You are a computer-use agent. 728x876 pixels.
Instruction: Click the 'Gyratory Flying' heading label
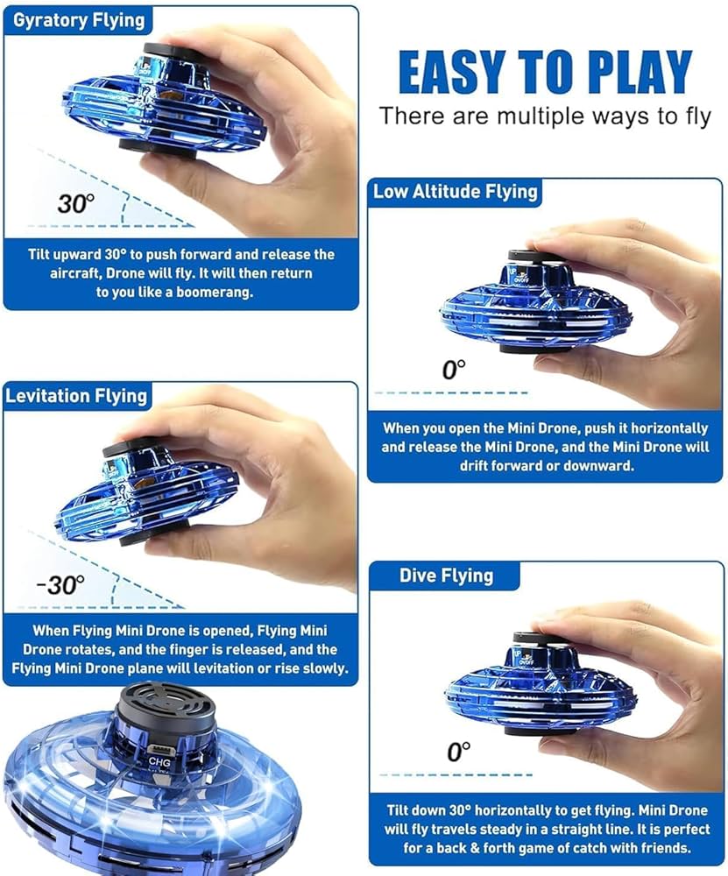pyautogui.click(x=79, y=21)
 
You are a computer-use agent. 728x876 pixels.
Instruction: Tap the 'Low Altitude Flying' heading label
pyautogui.click(x=456, y=192)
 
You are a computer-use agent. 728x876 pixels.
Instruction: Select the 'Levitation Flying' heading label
pyautogui.click(x=76, y=396)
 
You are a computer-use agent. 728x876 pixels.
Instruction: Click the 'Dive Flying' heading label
pyautogui.click(x=446, y=576)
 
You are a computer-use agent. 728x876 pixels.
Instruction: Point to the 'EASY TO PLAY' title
pyautogui.click(x=545, y=72)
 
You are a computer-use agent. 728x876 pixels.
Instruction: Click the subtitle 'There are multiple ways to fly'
pyautogui.click(x=545, y=117)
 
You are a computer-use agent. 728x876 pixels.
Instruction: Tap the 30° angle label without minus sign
pyautogui.click(x=76, y=204)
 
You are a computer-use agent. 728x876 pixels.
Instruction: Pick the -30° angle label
pyautogui.click(x=61, y=585)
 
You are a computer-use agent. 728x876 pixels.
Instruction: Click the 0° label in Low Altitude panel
pyautogui.click(x=454, y=370)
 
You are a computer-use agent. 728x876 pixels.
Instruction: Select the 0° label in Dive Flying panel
pyautogui.click(x=459, y=752)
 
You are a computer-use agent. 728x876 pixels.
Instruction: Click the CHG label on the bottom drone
pyautogui.click(x=159, y=761)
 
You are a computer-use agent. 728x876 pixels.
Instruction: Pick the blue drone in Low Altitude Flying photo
pyautogui.click(x=536, y=303)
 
